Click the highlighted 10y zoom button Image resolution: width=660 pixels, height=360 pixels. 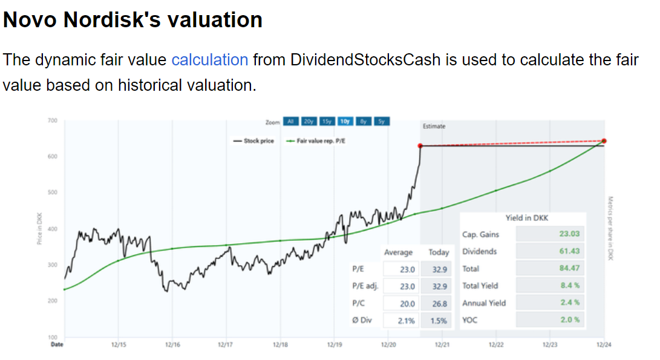345,122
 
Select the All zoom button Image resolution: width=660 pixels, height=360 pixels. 290,122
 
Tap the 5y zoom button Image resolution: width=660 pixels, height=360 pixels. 382,122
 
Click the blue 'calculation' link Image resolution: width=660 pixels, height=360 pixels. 210,60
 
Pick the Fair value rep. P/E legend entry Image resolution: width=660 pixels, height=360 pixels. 317,141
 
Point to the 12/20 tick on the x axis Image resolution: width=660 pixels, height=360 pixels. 388,345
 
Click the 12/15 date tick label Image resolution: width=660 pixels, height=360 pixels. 119,345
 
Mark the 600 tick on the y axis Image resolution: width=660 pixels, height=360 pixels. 53,157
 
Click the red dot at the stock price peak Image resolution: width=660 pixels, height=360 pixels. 420,146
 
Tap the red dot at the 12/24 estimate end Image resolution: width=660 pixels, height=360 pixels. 604,141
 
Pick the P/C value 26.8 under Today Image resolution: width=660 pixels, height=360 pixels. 439,304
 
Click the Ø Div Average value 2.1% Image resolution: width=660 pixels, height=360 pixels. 407,321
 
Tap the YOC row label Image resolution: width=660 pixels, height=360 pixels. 469,319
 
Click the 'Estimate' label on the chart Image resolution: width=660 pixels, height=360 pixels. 434,126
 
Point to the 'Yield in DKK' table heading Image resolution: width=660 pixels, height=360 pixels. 526,218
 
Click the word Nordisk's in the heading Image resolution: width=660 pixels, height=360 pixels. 112,19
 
